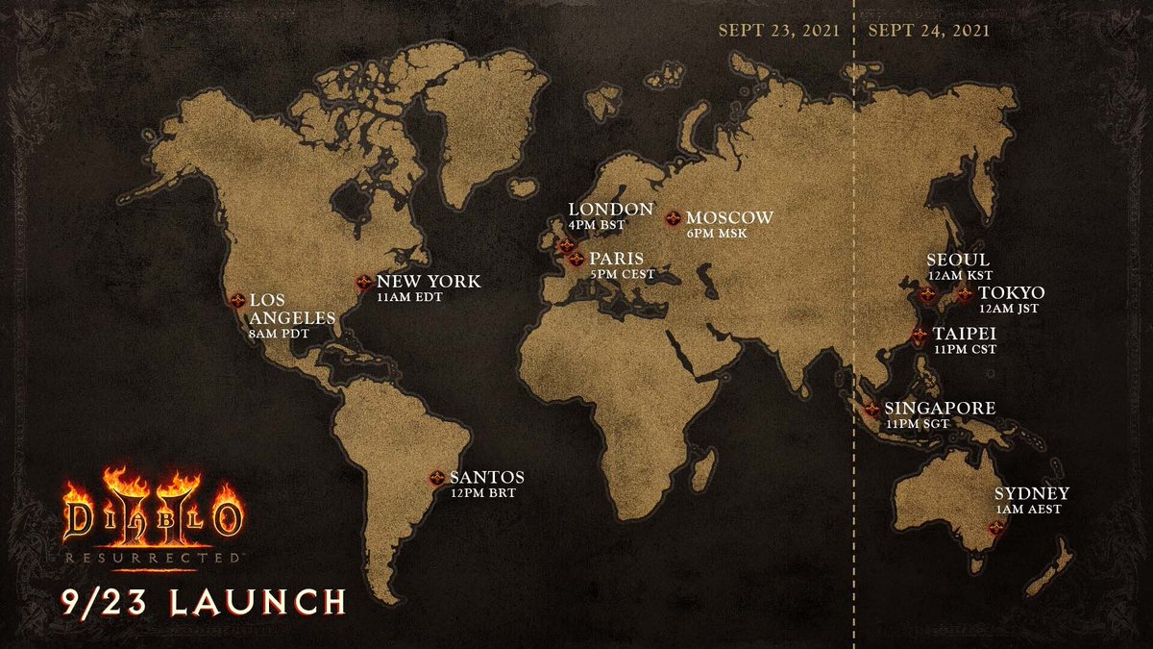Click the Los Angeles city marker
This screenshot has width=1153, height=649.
pos(236,300)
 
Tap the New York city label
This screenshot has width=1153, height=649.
pos(428,282)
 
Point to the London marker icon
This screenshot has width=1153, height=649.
pos(566,245)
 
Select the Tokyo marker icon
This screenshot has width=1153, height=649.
pos(964,294)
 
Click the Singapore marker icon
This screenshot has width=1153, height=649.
pos(872,410)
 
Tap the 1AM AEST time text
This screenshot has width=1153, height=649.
pos(1030,510)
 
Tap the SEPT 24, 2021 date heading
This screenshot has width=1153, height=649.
pos(928,29)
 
